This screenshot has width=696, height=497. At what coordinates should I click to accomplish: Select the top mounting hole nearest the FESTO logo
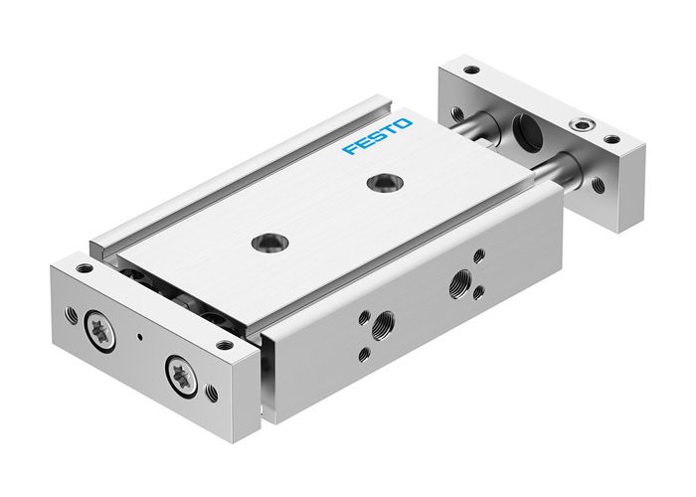378,182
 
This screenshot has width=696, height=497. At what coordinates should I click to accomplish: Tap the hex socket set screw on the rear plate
577,127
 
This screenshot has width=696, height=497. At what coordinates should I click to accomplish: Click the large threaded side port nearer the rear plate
462,279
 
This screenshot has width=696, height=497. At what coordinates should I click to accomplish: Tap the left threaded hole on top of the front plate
85,268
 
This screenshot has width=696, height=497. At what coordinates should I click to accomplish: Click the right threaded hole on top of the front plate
225,345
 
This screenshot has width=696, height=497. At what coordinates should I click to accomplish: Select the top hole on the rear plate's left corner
470,71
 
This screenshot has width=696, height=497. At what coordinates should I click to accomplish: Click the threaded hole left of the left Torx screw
71,315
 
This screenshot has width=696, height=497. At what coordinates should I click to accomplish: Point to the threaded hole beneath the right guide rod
597,185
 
